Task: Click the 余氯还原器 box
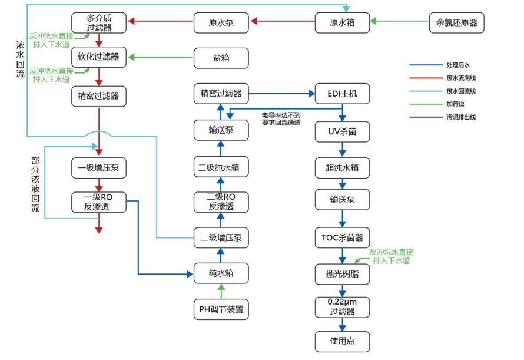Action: click(457, 23)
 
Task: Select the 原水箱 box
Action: click(342, 23)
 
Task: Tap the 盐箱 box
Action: click(221, 58)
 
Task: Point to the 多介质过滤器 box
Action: click(99, 23)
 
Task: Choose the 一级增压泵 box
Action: click(99, 167)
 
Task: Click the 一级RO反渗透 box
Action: click(99, 202)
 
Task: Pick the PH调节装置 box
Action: click(221, 309)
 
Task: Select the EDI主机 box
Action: click(342, 93)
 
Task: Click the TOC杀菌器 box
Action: click(342, 238)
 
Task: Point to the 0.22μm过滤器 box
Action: click(342, 307)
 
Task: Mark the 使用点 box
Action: click(342, 341)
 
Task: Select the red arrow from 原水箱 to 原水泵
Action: click(282, 23)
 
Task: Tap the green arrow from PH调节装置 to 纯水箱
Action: click(221, 290)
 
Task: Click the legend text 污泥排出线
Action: click(460, 117)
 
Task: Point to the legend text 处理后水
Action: click(457, 65)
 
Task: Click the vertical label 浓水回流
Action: click(21, 59)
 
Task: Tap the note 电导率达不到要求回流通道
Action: click(281, 118)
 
